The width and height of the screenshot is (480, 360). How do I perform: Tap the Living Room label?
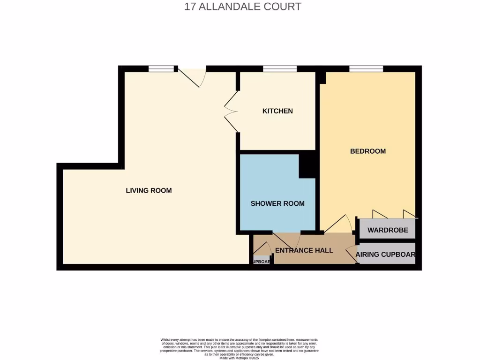[149, 190]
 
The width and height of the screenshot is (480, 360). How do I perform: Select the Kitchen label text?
[277, 111]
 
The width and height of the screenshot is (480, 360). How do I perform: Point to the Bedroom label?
[368, 151]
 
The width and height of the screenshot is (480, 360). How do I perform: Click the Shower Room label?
[277, 203]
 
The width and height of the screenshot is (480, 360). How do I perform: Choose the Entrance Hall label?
[304, 250]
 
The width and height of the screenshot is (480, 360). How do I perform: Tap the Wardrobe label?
[388, 230]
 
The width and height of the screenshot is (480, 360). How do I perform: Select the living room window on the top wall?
[161, 69]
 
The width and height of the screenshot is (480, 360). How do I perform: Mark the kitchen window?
[280, 69]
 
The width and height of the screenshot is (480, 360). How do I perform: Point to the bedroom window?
[366, 69]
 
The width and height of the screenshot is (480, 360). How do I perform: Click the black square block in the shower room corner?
[307, 166]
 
